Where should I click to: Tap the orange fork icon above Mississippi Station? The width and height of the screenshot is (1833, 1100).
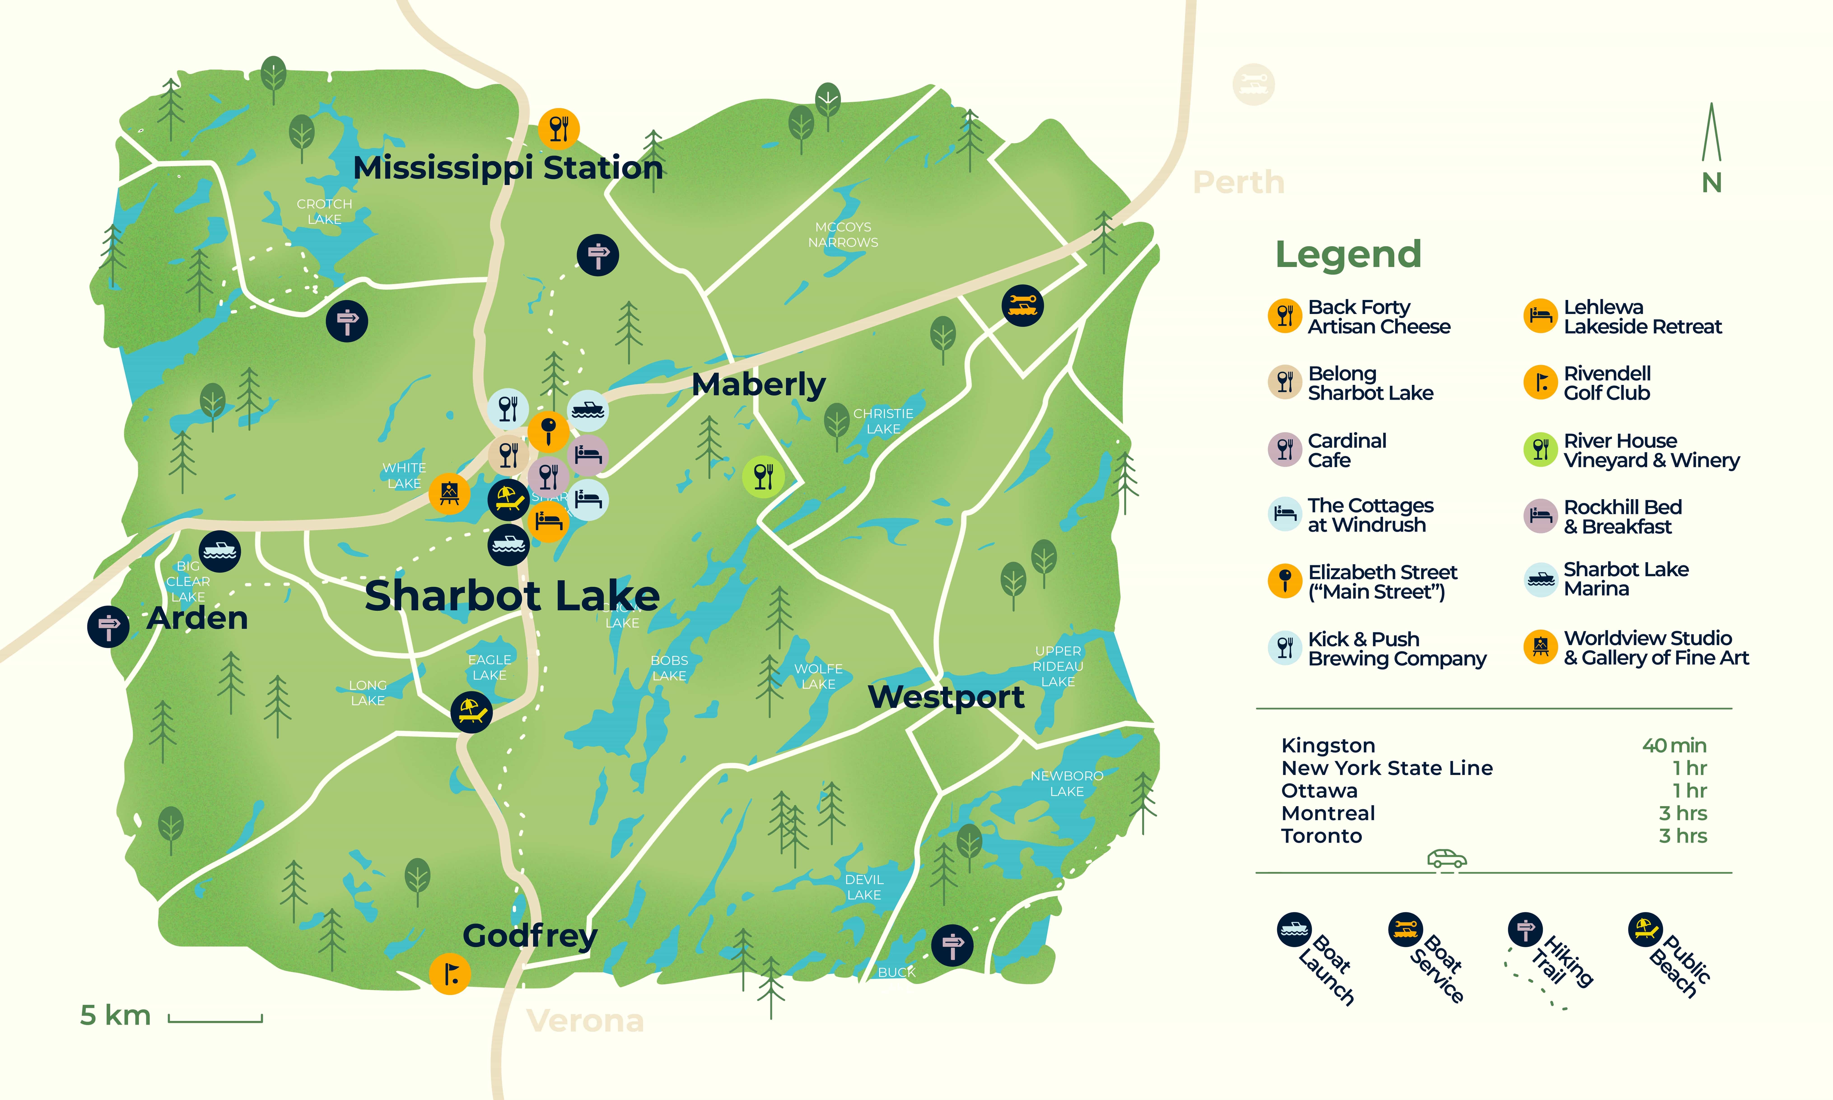tap(559, 129)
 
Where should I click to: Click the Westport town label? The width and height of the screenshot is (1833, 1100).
tap(946, 697)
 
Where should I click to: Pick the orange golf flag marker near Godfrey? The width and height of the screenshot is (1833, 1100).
tap(450, 973)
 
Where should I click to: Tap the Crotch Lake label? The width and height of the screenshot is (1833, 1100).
tap(324, 211)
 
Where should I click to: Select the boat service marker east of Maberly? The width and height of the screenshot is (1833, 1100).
tap(1022, 305)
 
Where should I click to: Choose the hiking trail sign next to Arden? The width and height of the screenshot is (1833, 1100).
tap(108, 626)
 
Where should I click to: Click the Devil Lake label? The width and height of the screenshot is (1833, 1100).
tap(864, 887)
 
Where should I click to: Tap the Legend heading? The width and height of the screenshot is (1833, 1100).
tap(1348, 254)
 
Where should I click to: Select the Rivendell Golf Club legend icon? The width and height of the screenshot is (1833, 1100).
tap(1540, 382)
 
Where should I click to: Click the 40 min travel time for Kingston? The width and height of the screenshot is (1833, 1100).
tap(1674, 746)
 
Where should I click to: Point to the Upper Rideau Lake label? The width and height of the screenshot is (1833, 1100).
tap(1058, 666)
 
